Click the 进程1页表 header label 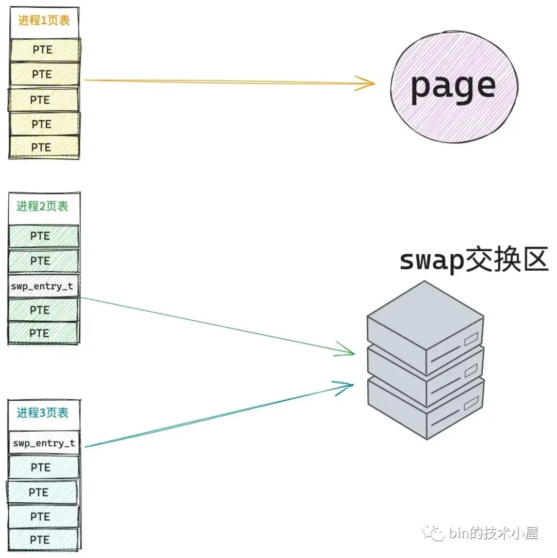pyautogui.click(x=44, y=21)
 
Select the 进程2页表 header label pyautogui.click(x=42, y=207)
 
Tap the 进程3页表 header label pyautogui.click(x=42, y=413)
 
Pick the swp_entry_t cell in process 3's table pyautogui.click(x=44, y=443)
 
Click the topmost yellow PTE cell pyautogui.click(x=44, y=50)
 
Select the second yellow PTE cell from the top pyautogui.click(x=44, y=75)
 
